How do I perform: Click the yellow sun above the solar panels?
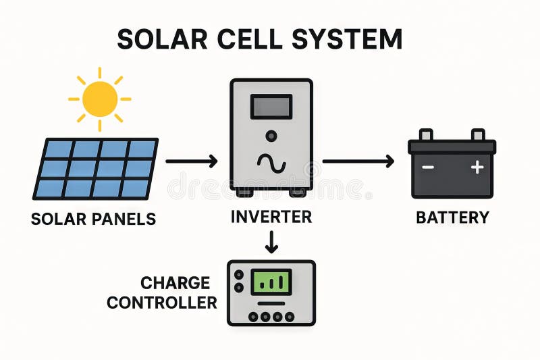pos(100,99)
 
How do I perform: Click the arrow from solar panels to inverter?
pos(191,161)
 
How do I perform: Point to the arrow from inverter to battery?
pos(358,161)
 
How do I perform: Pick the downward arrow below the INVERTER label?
pos(271,241)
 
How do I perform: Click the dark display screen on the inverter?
pos(271,107)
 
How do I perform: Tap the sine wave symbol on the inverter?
pos(271,163)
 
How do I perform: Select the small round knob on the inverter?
pos(271,136)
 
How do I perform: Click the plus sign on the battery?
pos(477,167)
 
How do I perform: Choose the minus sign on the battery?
pos(427,167)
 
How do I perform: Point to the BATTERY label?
pos(452,217)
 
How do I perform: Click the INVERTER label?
pos(271,217)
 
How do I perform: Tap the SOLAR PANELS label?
pos(93,219)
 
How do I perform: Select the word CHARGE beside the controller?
pos(175,282)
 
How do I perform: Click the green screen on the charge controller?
pos(271,282)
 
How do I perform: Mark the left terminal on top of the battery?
pos(426,135)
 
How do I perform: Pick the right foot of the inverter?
pos(298,192)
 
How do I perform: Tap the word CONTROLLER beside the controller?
pos(162,303)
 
